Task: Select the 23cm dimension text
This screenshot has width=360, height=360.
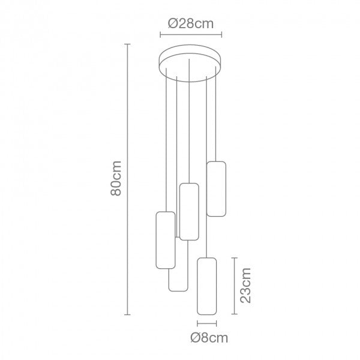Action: pyautogui.click(x=245, y=285)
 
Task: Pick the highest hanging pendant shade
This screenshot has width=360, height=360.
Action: pyautogui.click(x=216, y=188)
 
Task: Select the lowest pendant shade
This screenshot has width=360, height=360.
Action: pyautogui.click(x=206, y=285)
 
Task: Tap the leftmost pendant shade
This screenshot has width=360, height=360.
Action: pyautogui.click(x=165, y=239)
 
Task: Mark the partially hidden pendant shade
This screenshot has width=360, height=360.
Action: pyautogui.click(x=178, y=281)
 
